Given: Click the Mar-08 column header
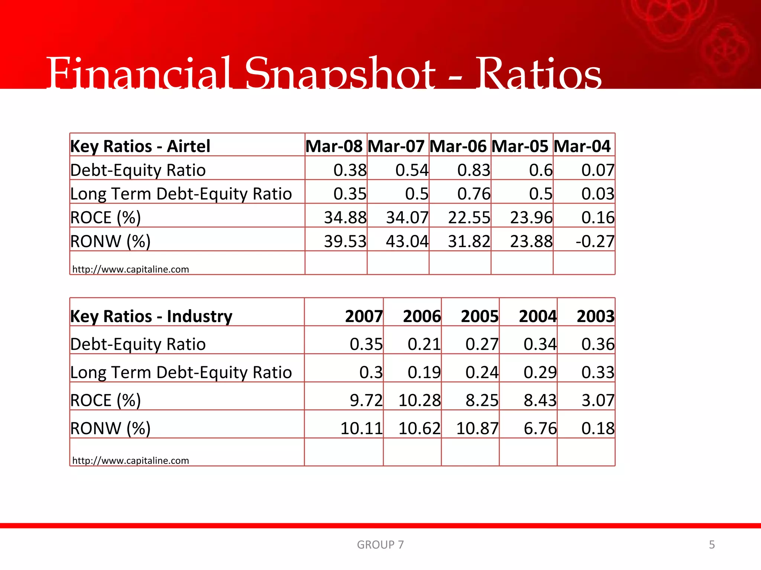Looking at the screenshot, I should coord(334,146).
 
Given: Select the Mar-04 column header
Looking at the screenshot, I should coord(582,146).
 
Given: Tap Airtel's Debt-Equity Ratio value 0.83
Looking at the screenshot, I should coord(474,170).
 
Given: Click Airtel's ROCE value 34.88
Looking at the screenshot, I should coord(345,217).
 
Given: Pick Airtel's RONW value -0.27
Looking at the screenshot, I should coord(595,241).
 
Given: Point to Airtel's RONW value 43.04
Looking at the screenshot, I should coord(407,241).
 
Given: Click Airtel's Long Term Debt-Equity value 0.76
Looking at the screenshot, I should coord(474,194).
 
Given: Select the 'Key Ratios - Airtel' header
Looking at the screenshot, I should coord(140,146).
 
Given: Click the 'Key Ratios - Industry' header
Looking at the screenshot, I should coord(151,316).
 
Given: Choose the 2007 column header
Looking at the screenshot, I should coord(364,316).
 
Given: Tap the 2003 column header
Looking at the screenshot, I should coord(595,316).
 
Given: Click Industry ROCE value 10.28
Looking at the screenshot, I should coord(420,400).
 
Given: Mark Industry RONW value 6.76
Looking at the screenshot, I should coord(540,428).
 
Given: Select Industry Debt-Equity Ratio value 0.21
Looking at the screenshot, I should coord(424,344).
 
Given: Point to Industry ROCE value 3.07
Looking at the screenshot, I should coord(598,400).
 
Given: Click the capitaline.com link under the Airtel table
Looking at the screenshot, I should coord(130,269).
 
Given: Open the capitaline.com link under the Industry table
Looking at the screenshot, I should coord(130,461).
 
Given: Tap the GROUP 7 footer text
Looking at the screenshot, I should coord(380,544).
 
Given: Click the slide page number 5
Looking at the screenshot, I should coord(712,544).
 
